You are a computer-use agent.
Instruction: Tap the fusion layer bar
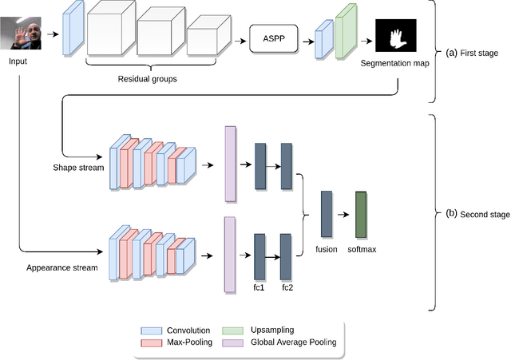(x=326, y=213)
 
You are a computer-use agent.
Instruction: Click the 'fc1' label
(x=259, y=287)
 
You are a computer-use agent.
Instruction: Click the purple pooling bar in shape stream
(x=231, y=164)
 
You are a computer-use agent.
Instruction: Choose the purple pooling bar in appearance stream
(x=231, y=251)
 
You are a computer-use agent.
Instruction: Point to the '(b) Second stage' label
(x=474, y=213)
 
